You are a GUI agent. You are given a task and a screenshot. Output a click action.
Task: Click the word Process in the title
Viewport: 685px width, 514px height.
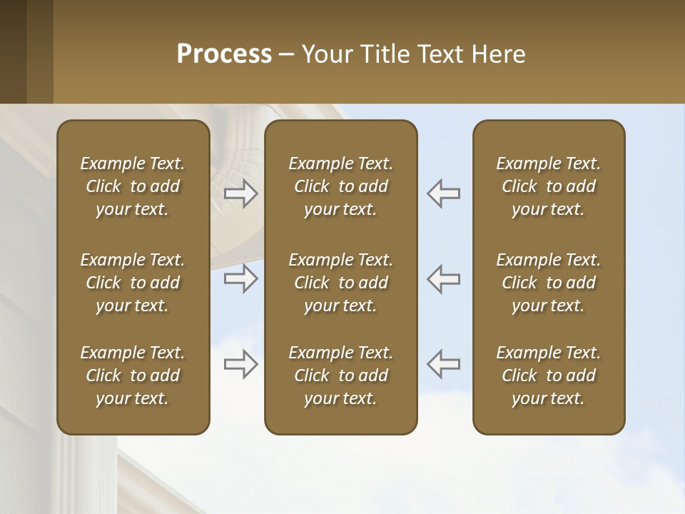[224, 54]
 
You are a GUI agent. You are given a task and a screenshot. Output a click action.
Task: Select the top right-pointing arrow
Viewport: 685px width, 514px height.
[241, 193]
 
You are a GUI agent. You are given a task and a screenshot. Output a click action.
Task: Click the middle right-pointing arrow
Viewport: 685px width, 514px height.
[241, 278]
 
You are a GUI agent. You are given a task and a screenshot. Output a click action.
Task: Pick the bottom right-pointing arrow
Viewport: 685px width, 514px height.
[241, 364]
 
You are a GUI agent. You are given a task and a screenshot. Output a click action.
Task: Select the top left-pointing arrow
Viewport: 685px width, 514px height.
[444, 193]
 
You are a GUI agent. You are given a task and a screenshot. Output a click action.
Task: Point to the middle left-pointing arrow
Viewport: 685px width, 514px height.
[444, 278]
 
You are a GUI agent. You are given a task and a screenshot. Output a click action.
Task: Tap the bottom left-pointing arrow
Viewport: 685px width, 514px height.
[444, 364]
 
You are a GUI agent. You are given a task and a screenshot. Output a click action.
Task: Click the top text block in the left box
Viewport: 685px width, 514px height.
[133, 186]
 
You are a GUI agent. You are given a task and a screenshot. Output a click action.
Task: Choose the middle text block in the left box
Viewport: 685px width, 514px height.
[133, 283]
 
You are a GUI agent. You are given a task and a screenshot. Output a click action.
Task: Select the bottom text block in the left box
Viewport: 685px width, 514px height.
[133, 376]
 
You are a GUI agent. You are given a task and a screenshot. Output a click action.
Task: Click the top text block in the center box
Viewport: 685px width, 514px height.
[340, 186]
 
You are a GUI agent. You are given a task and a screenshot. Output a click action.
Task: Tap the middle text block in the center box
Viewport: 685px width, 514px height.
[340, 283]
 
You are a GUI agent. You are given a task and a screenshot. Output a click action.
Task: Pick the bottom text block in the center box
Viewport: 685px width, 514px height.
[340, 376]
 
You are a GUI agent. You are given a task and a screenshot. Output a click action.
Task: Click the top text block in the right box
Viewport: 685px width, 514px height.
[549, 186]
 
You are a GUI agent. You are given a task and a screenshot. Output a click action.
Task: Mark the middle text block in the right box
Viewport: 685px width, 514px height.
[549, 283]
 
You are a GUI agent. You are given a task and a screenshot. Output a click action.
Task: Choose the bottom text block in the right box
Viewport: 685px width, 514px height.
[549, 376]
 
